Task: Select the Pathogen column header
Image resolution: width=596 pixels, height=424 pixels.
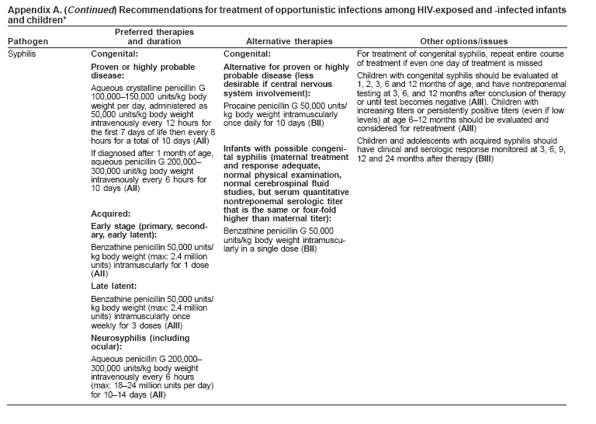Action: coord(25,40)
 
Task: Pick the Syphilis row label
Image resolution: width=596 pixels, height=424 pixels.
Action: coord(22,54)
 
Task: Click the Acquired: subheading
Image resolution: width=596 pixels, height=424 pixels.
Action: coord(112,210)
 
